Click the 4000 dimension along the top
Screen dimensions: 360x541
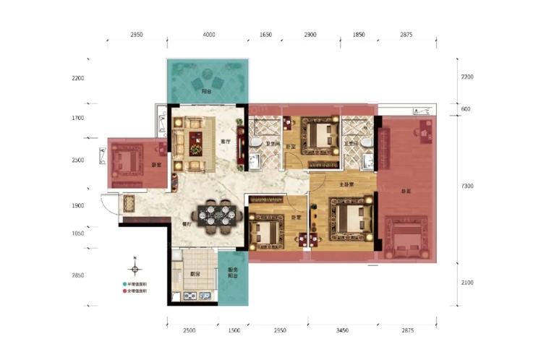[x=208, y=35]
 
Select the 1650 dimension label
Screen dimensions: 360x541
[x=265, y=35]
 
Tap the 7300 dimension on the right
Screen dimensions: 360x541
[x=467, y=186]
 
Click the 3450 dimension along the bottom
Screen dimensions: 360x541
[x=343, y=330]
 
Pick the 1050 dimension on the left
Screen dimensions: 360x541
[x=78, y=233]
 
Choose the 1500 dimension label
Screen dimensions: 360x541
[x=233, y=330]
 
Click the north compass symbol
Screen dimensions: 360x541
[x=134, y=263]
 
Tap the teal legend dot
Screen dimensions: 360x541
[x=124, y=284]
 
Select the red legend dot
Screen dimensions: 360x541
[x=124, y=292]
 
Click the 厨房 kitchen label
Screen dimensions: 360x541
[x=195, y=274]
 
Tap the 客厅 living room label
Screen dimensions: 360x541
[x=226, y=142]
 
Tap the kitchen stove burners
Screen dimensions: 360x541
[x=190, y=295]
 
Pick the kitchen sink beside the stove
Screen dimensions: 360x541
[x=204, y=295]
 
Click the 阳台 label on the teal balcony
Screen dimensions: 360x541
[x=207, y=92]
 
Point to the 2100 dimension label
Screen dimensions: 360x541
[x=467, y=283]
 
